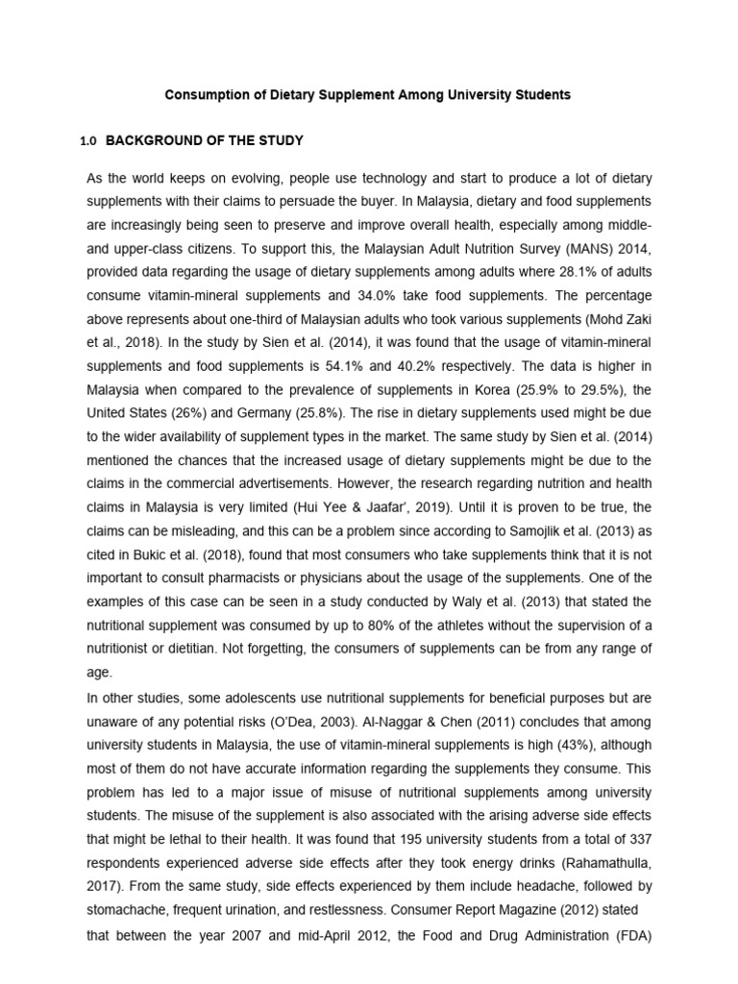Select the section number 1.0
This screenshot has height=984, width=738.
point(88,141)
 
